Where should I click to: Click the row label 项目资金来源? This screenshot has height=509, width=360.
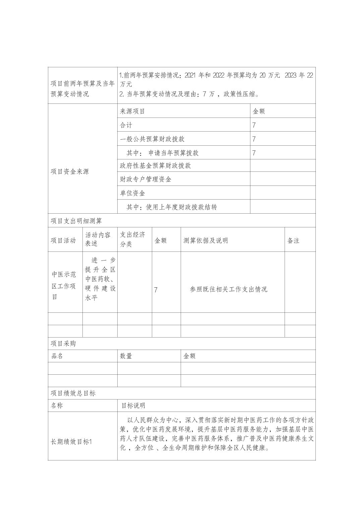70,172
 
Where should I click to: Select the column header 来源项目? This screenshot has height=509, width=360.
132,112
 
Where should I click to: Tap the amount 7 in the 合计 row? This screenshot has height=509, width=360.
254,125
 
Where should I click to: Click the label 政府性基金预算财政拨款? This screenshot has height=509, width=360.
155,166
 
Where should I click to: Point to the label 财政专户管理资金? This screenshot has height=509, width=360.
145,179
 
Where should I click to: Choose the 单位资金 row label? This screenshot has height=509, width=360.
132,194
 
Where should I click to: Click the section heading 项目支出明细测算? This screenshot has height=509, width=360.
76,221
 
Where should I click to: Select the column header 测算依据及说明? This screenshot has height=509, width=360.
205,240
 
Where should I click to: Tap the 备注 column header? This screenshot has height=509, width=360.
293,240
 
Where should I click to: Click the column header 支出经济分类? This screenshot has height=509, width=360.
133,239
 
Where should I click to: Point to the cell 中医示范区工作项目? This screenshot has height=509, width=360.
64,285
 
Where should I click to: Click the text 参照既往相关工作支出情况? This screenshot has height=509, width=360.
228,289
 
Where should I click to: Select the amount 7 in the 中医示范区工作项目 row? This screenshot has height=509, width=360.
156,290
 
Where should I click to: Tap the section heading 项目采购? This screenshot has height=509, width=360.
63,344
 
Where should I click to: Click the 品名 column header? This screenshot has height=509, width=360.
57,356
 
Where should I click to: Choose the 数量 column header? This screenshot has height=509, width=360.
126,356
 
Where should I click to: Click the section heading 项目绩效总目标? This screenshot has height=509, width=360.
73,393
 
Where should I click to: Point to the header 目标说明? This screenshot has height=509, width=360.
133,406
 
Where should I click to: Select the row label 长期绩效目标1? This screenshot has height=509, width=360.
71,442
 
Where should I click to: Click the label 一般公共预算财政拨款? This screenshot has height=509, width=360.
152,139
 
